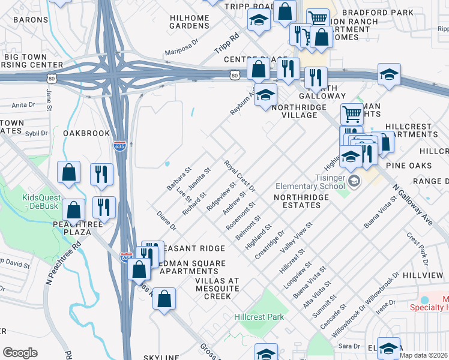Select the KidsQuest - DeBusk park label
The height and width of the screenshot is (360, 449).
[43, 202]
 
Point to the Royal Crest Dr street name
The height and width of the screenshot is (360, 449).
[240, 176]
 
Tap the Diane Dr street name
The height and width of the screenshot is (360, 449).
[166, 221]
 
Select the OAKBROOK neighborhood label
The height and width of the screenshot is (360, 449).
[86, 133]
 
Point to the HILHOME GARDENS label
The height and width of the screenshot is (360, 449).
[189, 22]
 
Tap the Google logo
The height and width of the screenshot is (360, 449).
[20, 353]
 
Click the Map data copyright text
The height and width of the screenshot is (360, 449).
[424, 355]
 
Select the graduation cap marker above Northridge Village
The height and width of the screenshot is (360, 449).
[265, 94]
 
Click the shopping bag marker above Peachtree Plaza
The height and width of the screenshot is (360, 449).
[69, 172]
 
